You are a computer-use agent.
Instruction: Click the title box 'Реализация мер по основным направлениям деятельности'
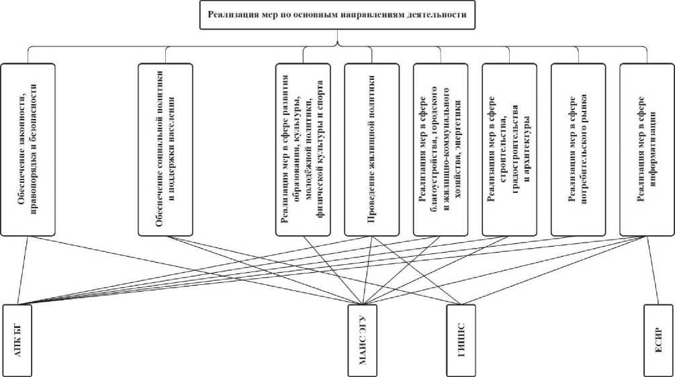click(x=337, y=14)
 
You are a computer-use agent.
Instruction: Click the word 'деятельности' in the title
click(x=437, y=14)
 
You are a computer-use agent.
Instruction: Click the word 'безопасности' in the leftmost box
click(x=34, y=108)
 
